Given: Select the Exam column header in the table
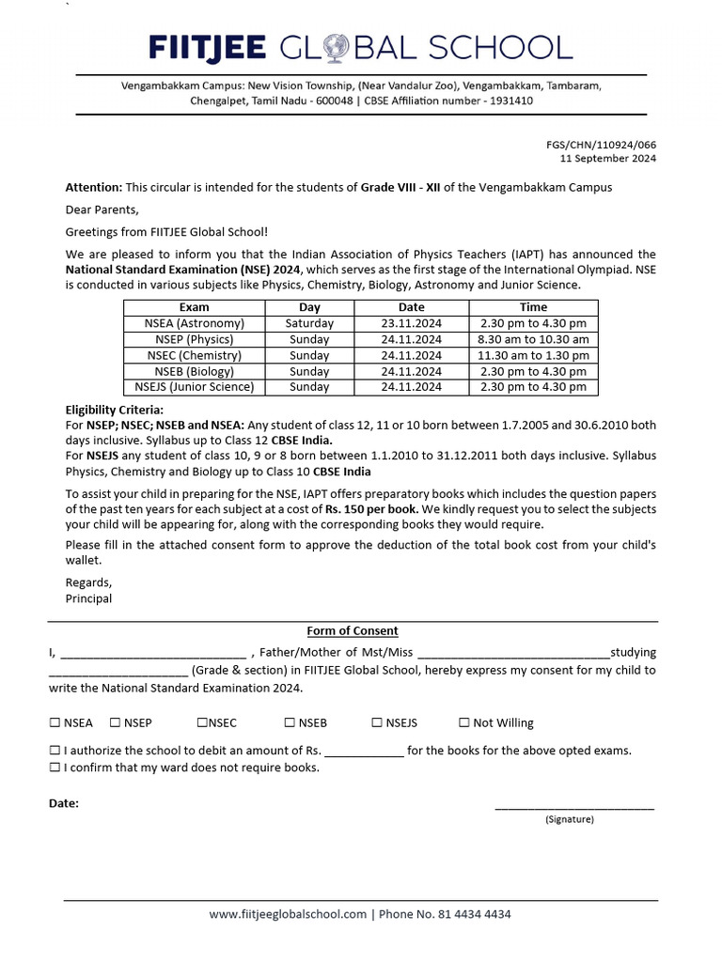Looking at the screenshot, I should click(194, 307).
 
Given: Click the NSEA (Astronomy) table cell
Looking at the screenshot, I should click(194, 323).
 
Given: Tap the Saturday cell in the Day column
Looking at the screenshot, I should click(309, 323).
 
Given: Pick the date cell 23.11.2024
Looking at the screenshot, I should click(411, 323).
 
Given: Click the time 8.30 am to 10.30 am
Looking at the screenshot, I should click(533, 339).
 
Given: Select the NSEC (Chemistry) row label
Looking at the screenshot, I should click(194, 355).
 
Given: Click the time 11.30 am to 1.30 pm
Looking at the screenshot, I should click(533, 355).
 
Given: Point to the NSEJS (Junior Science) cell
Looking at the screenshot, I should click(194, 387).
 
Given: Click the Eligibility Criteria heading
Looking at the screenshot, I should click(114, 410).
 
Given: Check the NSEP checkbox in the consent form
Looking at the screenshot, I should click(115, 722).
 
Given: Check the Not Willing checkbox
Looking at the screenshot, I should click(464, 722).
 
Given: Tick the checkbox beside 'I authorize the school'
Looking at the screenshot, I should click(55, 751).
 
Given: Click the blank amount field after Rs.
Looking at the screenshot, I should click(365, 751).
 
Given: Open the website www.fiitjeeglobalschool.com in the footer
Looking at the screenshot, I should click(287, 914).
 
